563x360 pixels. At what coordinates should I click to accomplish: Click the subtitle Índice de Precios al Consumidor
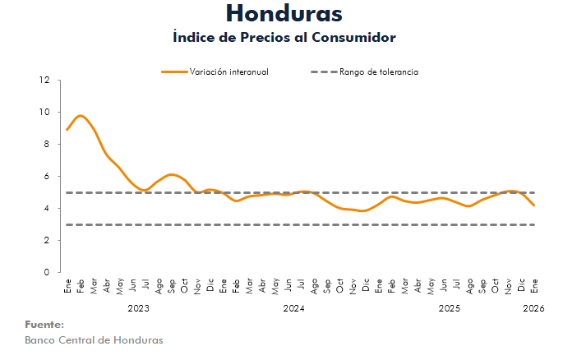coord(284,38)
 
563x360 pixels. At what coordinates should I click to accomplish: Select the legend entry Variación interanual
coord(229,72)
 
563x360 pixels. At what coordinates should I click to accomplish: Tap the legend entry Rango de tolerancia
coord(379,72)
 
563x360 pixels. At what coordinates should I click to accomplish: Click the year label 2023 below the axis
coord(138,308)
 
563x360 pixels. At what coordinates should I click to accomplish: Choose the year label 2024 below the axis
coord(293,308)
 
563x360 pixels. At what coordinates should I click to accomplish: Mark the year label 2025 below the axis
coord(449,308)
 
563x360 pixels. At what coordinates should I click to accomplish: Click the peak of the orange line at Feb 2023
coord(80,116)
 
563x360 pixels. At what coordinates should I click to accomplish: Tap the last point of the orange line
coord(535,205)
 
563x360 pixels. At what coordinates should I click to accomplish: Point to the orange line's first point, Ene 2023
coord(67,130)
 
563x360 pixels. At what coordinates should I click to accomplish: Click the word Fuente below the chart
coord(44,325)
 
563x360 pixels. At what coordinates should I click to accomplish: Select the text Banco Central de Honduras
coord(94,340)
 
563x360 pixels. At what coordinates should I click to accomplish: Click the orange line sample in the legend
coord(173,72)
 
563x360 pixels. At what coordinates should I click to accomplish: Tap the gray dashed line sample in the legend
coord(323,72)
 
